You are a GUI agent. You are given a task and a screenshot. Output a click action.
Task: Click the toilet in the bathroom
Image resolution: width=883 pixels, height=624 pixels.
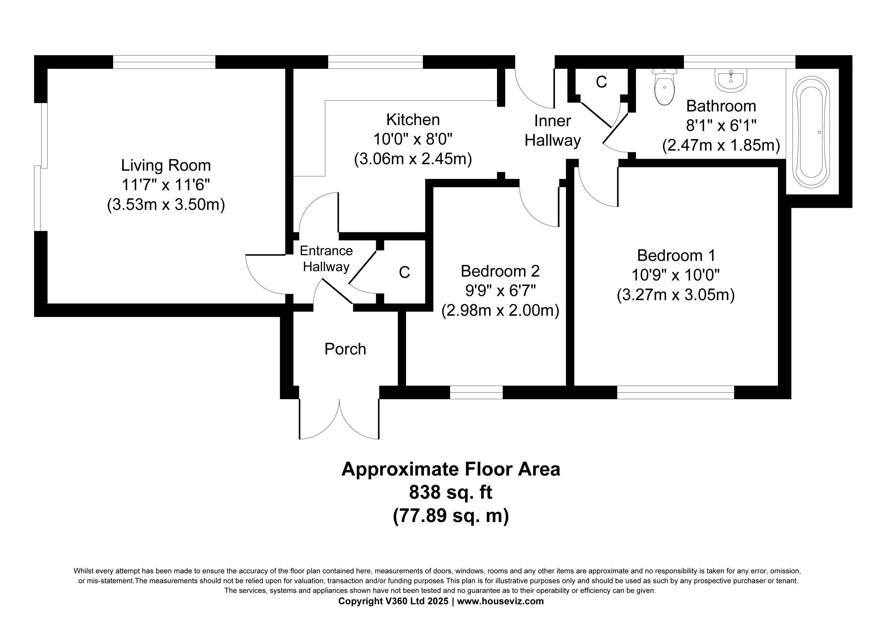click(x=665, y=87)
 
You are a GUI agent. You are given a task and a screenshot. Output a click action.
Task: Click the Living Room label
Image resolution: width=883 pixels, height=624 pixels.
click(x=166, y=166)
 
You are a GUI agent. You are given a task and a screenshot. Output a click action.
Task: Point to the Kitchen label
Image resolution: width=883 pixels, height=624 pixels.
click(x=413, y=120)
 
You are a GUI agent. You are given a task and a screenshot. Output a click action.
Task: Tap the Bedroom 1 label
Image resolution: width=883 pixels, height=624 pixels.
click(x=676, y=256)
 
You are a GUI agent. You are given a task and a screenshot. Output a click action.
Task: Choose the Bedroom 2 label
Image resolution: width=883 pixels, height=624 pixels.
click(x=500, y=271)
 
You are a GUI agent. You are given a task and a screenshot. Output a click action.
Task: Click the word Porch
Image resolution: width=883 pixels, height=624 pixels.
click(x=345, y=349)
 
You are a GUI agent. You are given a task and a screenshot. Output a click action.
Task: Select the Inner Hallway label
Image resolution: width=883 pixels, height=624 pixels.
click(x=553, y=131)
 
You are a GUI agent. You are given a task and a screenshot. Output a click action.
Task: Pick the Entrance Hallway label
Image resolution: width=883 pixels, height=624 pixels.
click(x=326, y=258)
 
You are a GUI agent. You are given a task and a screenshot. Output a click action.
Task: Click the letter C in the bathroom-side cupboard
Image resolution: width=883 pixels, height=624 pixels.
click(x=601, y=81)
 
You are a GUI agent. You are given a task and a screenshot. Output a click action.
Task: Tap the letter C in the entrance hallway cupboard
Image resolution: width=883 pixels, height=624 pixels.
click(x=404, y=273)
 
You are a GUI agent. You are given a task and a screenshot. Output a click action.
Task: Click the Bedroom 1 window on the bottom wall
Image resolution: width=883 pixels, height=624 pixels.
click(x=676, y=393)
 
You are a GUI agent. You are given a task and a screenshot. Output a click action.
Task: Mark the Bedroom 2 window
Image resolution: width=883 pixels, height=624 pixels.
click(x=476, y=393)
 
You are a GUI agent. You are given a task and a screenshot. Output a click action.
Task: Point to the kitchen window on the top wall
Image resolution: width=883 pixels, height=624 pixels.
click(x=375, y=62)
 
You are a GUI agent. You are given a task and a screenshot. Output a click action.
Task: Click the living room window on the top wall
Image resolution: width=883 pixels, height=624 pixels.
click(x=164, y=62)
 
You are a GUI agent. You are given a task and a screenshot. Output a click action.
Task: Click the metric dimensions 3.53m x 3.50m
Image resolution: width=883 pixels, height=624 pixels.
click(x=166, y=205)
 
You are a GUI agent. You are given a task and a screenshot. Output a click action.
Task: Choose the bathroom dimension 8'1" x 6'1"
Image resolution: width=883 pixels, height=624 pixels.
click(x=722, y=126)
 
